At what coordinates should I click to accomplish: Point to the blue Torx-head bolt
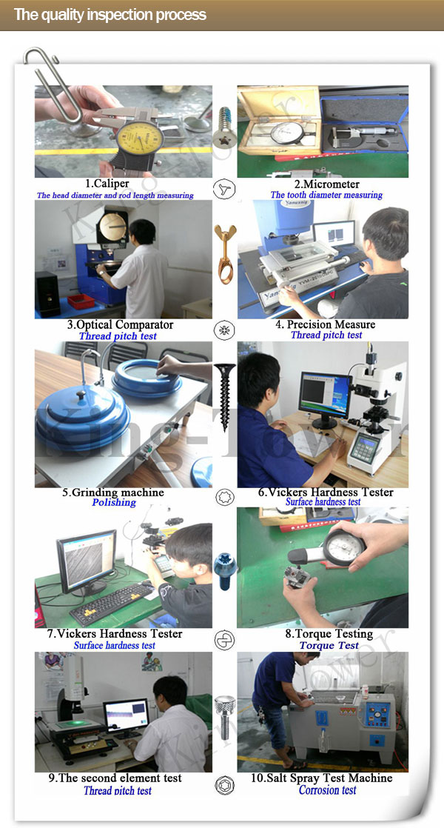coord(225,571)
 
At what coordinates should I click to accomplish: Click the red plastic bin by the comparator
coord(81,301)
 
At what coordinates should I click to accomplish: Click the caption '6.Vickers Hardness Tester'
coord(326,493)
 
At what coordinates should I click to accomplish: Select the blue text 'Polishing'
coord(114,502)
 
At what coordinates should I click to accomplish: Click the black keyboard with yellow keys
coord(112,603)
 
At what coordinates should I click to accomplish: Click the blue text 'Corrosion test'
coord(328,790)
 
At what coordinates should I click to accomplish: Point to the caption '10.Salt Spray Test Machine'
coord(322,778)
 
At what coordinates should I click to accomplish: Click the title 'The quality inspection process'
coord(110,14)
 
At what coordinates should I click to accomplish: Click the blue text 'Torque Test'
coord(329,645)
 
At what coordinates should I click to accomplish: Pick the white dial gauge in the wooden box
coord(287,133)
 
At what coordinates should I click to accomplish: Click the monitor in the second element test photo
coord(126,715)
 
